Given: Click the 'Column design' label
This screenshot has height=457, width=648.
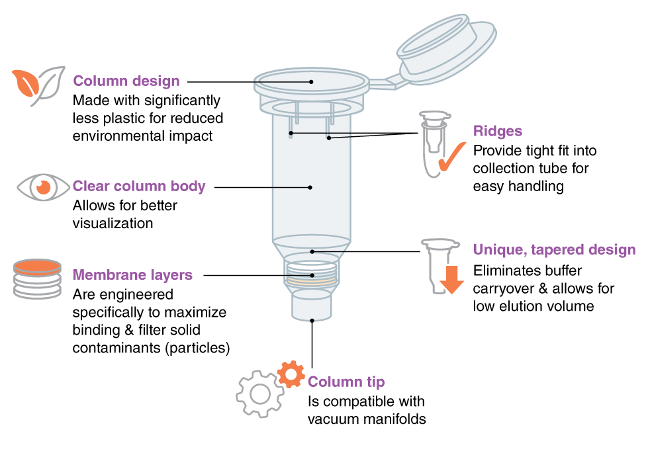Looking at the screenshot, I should [126, 81].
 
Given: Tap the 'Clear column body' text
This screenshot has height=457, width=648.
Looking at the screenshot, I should [139, 187].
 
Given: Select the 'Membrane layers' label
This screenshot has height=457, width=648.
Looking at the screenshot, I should [132, 275].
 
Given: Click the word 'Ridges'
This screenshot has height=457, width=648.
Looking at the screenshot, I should [497, 132].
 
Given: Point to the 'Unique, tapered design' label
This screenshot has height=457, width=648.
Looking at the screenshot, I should [554, 250].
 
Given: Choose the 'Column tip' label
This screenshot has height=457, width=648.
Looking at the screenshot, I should [346, 382].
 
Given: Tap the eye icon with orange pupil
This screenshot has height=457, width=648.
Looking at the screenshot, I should [44, 187].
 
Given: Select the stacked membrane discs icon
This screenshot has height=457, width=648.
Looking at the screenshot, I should [38, 278].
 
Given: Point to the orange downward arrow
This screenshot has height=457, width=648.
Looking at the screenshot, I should [452, 279].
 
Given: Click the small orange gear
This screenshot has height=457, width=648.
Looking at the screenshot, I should [291, 374].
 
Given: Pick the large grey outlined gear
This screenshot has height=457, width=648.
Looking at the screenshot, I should [259, 394].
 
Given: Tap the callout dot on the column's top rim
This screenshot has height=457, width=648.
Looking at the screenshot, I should [311, 82].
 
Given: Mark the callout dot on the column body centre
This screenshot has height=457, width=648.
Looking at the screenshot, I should [310, 188].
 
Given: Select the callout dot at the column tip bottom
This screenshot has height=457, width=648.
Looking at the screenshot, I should [312, 321].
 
